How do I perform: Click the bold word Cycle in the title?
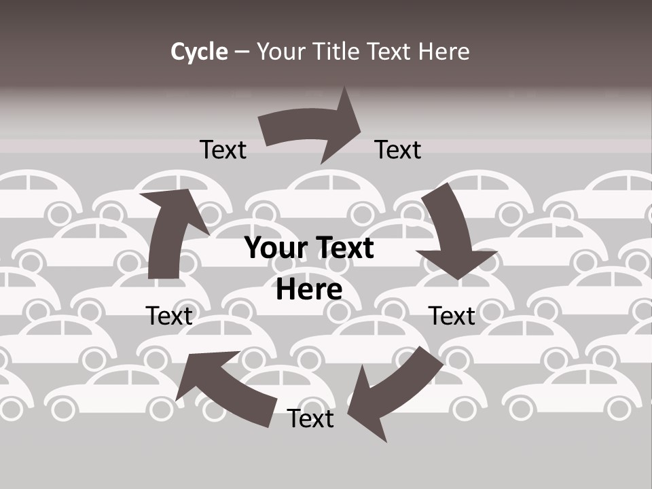tap(199, 52)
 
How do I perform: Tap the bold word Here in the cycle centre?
tap(309, 290)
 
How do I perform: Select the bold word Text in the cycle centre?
tap(342, 248)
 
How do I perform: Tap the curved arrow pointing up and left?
tap(224, 387)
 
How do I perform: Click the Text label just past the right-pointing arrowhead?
tap(398, 149)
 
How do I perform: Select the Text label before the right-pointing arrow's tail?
tap(223, 149)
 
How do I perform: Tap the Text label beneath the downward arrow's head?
tap(452, 316)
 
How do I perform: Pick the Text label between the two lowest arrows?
tap(310, 418)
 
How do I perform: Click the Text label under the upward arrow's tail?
tap(169, 316)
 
